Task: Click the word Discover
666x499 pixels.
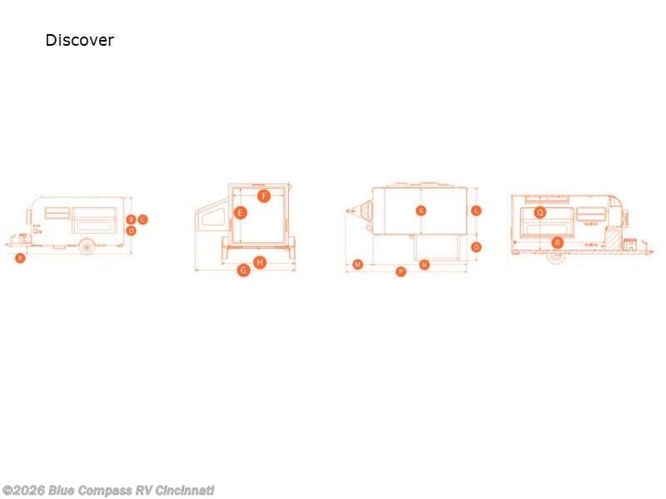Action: tap(79, 40)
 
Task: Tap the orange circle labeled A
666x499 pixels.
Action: tap(21, 259)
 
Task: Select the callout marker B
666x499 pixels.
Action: tap(131, 220)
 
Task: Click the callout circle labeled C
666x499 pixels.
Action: tap(142, 220)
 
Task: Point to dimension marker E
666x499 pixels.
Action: tap(240, 213)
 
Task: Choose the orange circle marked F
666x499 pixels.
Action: tap(264, 196)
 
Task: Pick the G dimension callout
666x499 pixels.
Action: tap(243, 270)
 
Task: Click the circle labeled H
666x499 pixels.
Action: tap(260, 262)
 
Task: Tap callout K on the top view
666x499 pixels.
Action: tap(421, 210)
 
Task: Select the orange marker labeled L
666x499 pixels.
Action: tap(476, 210)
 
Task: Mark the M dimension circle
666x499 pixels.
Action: tap(358, 264)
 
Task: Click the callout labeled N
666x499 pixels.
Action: tap(425, 264)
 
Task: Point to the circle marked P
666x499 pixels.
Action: tap(400, 272)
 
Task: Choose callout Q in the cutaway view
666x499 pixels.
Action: tap(540, 212)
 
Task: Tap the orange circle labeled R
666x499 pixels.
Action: tap(558, 242)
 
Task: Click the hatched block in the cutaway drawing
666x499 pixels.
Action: tap(613, 238)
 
